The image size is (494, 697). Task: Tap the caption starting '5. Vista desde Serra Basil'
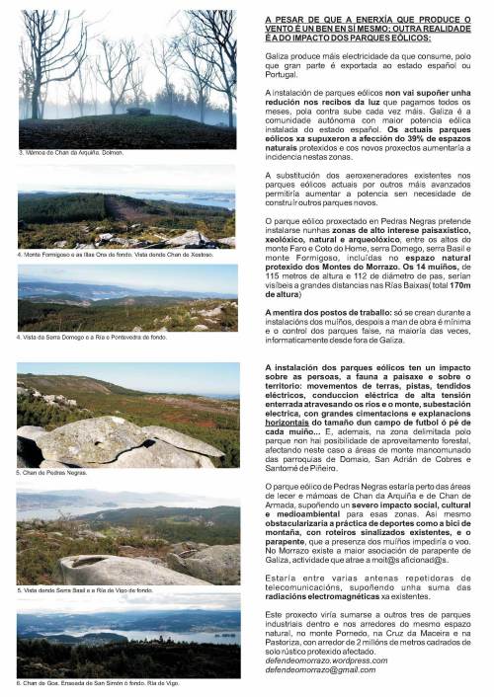coord(85,590)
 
